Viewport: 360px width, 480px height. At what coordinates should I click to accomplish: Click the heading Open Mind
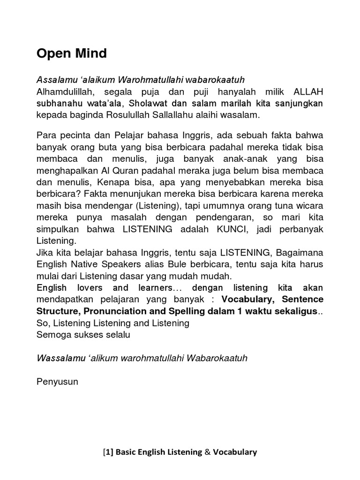point(72,54)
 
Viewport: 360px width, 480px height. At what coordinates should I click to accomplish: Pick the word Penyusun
point(57,381)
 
